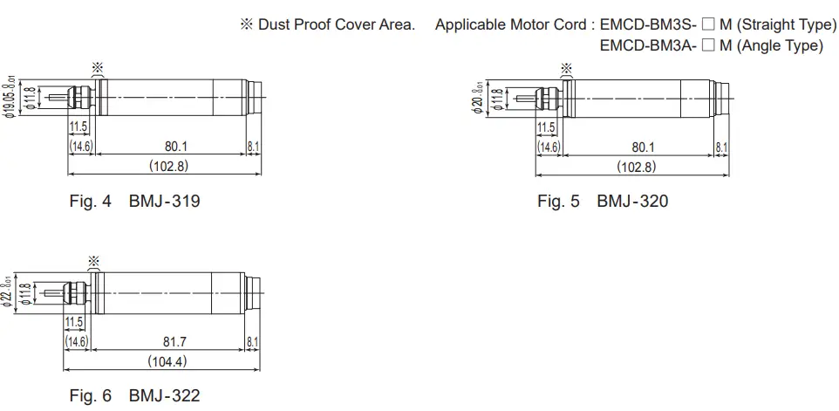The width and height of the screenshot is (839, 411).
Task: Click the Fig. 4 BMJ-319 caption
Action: [134, 202]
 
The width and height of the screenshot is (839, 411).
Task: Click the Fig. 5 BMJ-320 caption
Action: [603, 202]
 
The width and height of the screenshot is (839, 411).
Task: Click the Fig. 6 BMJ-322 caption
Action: [134, 395]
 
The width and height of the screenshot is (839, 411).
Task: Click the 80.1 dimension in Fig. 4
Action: [176, 147]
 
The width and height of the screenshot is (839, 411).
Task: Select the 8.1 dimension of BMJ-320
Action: [722, 147]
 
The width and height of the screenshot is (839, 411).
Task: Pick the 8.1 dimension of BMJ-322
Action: [252, 342]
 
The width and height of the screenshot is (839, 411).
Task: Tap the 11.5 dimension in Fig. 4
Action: [78, 128]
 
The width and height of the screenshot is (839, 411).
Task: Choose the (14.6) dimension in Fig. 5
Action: [549, 147]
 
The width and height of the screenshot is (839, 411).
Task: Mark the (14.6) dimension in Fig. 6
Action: [78, 342]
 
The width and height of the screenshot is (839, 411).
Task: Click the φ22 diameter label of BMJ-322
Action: [9, 292]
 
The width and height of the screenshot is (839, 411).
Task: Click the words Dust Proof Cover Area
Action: [336, 24]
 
